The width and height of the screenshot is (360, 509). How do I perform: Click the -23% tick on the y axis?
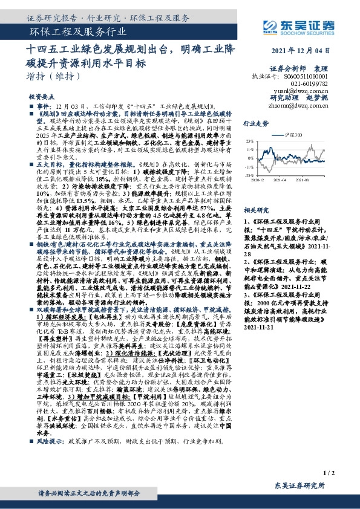249,175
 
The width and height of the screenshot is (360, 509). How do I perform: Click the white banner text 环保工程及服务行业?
79,33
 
